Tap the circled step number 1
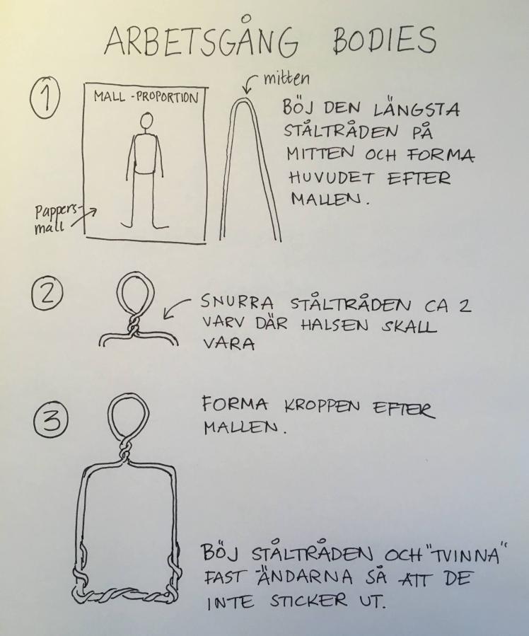pos(45,99)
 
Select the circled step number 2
pos(47,294)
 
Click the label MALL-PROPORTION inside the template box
pos(146,98)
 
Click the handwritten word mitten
pos(286,79)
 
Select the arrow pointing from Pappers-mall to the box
pos(83,218)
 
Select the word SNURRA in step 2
pos(237,303)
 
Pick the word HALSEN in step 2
pos(335,325)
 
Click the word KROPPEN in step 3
pos(322,406)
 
